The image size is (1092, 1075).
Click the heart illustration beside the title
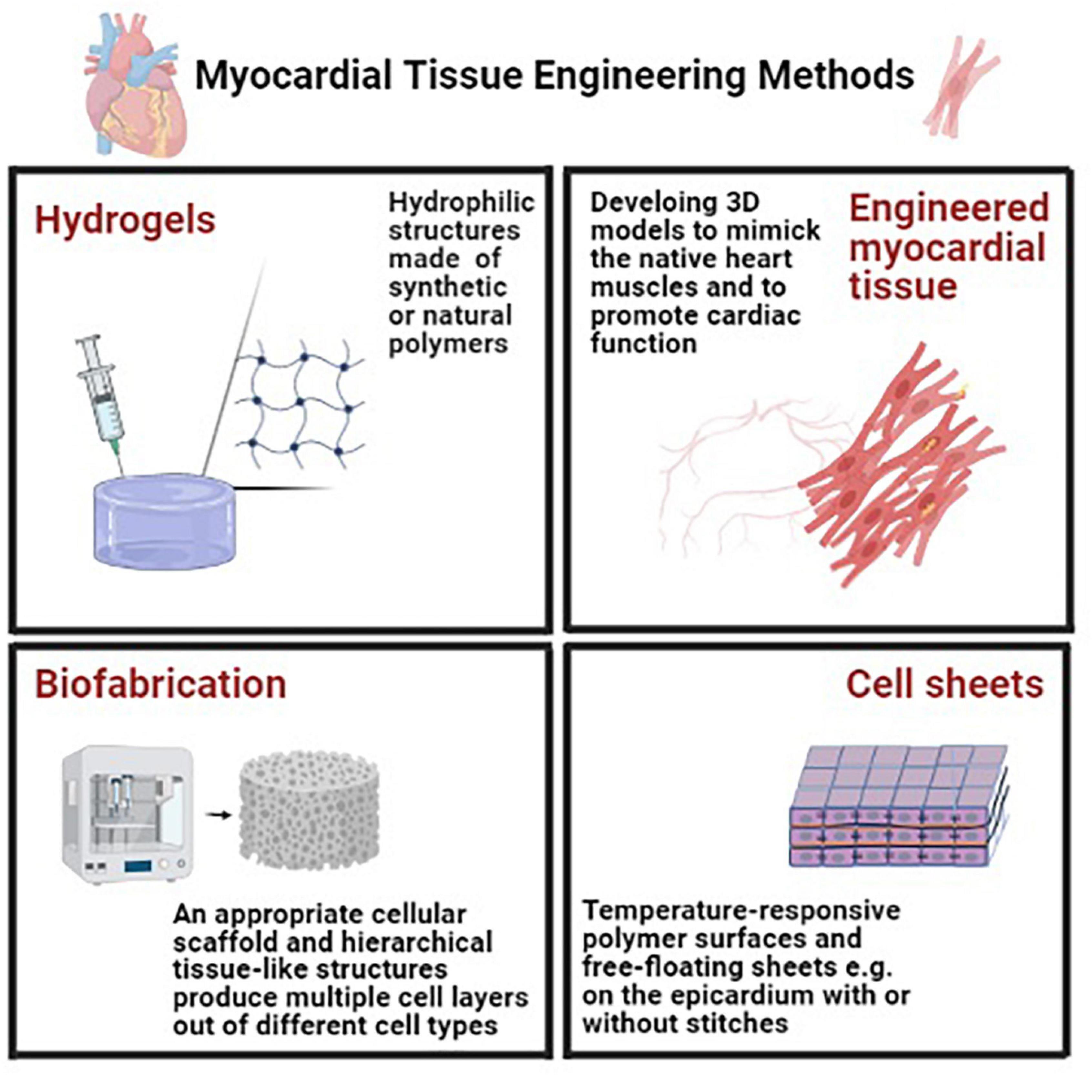(136, 85)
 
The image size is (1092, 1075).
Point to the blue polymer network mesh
(299, 404)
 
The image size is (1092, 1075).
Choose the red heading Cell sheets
(944, 684)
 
